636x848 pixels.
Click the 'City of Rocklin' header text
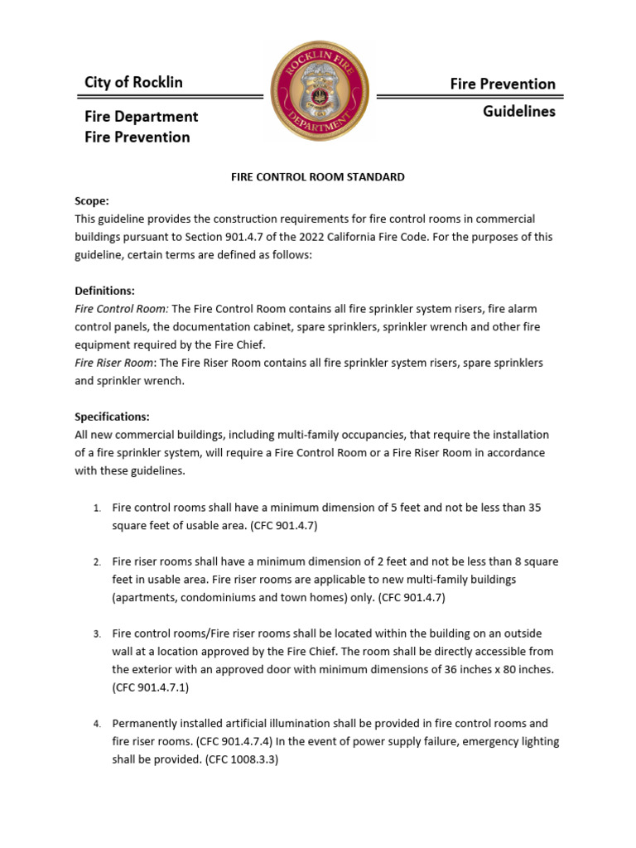[133, 82]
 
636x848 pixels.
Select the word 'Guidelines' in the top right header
[518, 111]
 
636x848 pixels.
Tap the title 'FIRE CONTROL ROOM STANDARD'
[317, 176]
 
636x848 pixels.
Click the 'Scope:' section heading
[91, 200]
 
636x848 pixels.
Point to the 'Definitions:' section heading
[104, 291]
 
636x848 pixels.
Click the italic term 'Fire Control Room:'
[122, 309]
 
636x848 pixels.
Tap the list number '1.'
[97, 508]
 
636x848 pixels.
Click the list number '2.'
[97, 562]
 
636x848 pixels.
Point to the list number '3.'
[97, 634]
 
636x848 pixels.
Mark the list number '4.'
[97, 725]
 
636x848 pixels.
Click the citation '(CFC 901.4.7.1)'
[153, 687]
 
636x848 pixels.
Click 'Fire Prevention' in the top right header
[502, 84]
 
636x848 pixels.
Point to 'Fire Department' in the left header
[141, 117]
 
